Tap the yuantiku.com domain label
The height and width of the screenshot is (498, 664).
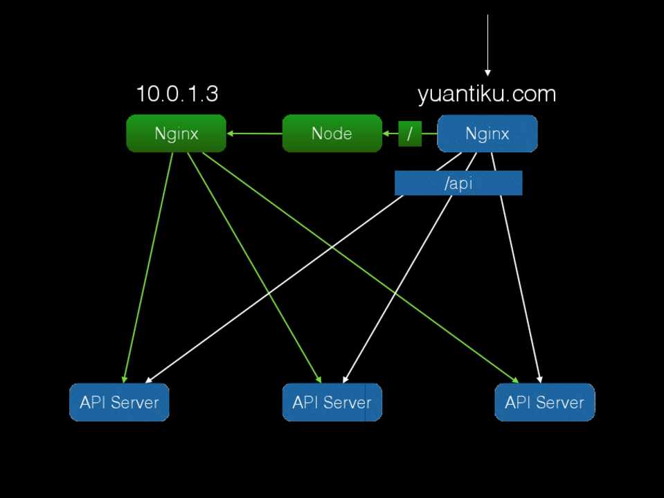tap(487, 94)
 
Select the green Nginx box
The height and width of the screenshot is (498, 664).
tap(176, 133)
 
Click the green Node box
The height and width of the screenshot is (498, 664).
tap(332, 133)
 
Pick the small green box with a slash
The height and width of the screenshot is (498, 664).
tap(410, 133)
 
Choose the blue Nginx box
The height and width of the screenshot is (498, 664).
tap(487, 133)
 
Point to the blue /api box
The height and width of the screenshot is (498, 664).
tap(458, 183)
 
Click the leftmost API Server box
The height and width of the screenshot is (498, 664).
tap(119, 402)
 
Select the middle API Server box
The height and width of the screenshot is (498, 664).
tap(332, 402)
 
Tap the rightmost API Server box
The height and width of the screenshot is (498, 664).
tap(544, 402)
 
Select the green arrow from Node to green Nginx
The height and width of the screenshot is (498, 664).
tap(254, 133)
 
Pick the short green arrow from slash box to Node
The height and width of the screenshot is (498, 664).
tap(391, 133)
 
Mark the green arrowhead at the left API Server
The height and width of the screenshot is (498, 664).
tap(125, 379)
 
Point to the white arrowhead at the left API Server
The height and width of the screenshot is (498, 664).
tap(148, 380)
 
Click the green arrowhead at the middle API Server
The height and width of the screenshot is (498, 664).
tap(318, 379)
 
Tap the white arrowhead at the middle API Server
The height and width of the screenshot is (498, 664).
tap(345, 379)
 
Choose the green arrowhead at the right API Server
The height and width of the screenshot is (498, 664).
tap(515, 379)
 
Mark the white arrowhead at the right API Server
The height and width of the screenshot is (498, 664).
tap(539, 379)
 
